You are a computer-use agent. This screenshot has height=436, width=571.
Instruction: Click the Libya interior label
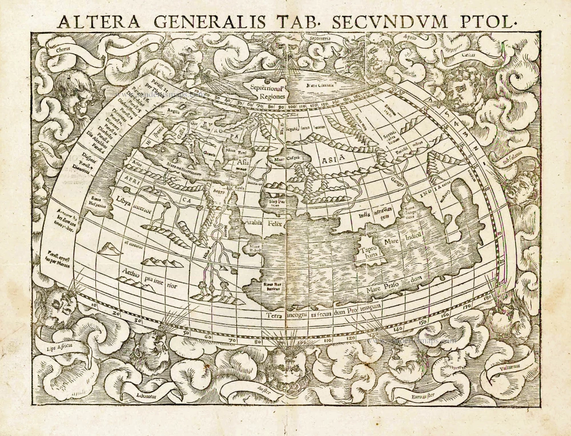pos(133,204)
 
